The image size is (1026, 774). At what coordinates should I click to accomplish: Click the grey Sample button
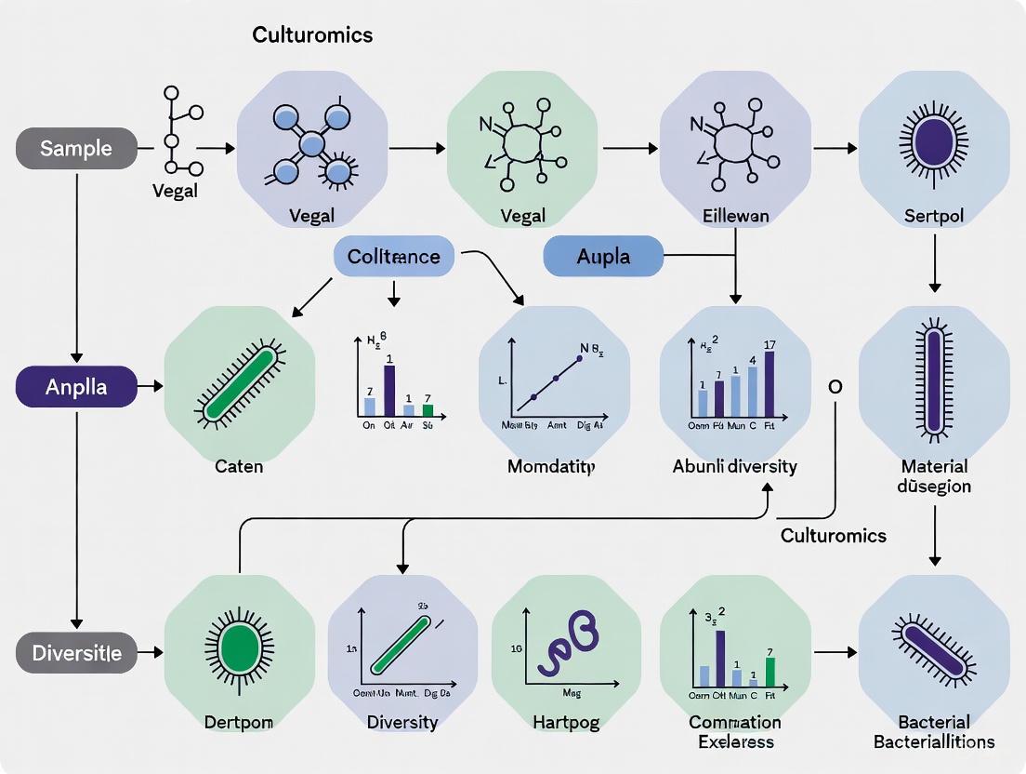(x=76, y=148)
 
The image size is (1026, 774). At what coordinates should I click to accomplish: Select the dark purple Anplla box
(x=76, y=387)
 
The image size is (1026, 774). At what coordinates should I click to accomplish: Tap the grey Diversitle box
(x=76, y=653)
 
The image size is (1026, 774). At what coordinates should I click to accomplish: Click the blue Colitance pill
(x=393, y=256)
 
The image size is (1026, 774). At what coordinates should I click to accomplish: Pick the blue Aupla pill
(x=603, y=256)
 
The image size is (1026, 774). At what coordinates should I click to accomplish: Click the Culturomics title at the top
(x=312, y=35)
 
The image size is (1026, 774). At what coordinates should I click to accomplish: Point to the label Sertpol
(x=934, y=216)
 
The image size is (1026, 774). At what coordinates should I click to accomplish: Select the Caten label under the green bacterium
(x=239, y=465)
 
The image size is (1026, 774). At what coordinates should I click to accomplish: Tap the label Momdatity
(x=551, y=465)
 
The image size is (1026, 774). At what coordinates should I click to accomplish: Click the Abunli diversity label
(x=734, y=465)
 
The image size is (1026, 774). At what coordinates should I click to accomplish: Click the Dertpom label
(x=239, y=721)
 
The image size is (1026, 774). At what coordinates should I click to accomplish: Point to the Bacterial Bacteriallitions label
(x=934, y=731)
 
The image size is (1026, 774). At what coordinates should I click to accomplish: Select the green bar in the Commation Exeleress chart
(x=769, y=672)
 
